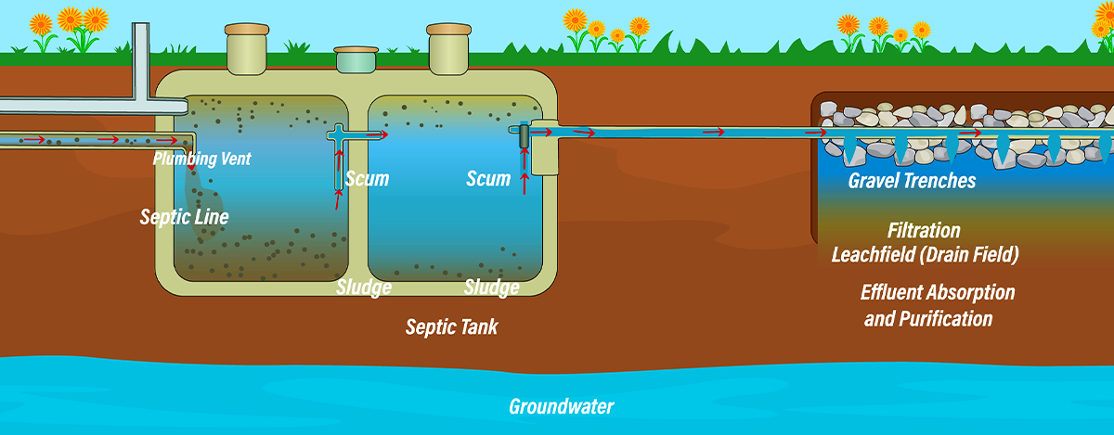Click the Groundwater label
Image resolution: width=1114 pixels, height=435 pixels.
coord(561,406)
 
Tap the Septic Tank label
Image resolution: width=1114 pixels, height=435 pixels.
coord(451,327)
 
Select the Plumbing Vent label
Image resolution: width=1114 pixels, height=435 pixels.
coord(202,159)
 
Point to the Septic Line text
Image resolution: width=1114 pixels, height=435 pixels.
coord(184,217)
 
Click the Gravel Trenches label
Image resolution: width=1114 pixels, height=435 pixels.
coord(912,181)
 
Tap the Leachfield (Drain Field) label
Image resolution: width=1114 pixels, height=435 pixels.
coord(925,254)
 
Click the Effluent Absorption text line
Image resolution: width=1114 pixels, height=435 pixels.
coord(937,293)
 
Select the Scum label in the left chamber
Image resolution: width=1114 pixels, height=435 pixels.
coord(367,178)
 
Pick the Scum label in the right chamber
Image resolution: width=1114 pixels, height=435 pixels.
coord(488,178)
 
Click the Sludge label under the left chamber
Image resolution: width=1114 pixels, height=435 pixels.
coord(363,288)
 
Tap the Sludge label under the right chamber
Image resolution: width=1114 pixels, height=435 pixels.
coord(491,288)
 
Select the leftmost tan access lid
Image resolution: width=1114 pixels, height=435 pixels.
coord(246,42)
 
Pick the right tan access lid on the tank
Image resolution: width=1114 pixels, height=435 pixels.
coord(449,42)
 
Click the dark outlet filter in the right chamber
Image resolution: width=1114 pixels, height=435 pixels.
coord(524,136)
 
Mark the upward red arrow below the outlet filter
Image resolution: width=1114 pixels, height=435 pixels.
coord(525,179)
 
